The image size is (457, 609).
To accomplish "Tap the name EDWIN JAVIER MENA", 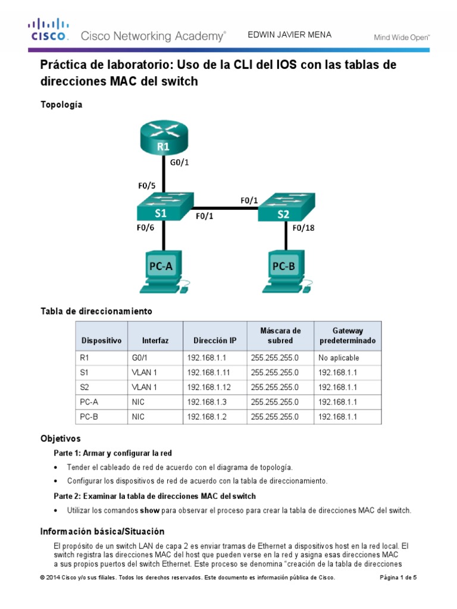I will [x=289, y=35].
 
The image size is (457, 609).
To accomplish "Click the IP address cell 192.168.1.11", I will [x=208, y=372].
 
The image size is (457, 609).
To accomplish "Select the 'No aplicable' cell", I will [x=339, y=358].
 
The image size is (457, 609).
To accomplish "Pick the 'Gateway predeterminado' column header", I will [x=347, y=336].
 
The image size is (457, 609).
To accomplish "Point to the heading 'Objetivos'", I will [x=60, y=439].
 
